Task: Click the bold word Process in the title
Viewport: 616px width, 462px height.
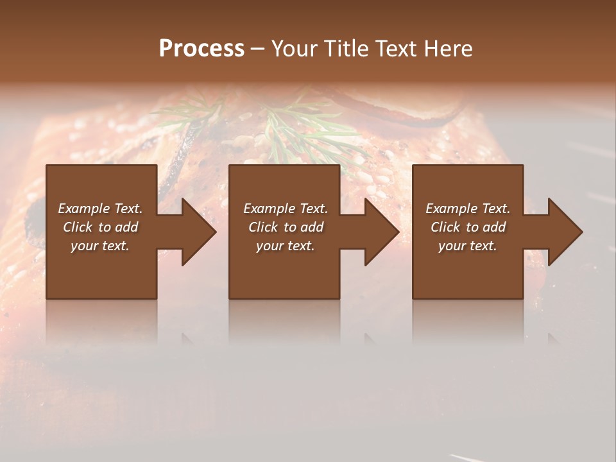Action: click(x=201, y=49)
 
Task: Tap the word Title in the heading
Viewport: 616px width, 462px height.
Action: click(x=343, y=49)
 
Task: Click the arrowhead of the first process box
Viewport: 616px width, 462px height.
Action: click(x=199, y=232)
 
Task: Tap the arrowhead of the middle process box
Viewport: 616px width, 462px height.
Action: click(x=382, y=232)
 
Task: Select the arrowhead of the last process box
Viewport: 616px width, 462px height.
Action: click(x=565, y=232)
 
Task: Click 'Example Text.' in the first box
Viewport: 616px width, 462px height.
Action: click(x=100, y=209)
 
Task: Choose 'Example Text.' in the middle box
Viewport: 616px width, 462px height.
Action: click(x=286, y=209)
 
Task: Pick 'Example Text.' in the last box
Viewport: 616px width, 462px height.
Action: click(x=468, y=209)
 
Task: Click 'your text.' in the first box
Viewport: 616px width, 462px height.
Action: click(x=100, y=246)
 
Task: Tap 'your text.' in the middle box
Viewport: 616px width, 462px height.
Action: click(x=286, y=246)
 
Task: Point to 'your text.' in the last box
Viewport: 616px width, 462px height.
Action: click(x=468, y=246)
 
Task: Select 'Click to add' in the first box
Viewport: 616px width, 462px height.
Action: click(x=100, y=227)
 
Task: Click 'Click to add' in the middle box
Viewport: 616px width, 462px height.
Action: click(x=286, y=227)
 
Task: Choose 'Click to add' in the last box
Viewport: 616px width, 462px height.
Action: click(x=468, y=227)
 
